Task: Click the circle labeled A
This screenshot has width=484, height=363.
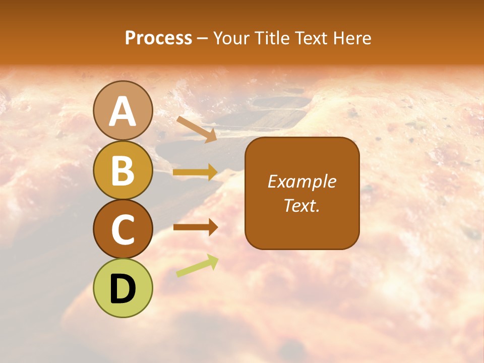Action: tap(123, 110)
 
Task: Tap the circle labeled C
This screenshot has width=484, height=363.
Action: tap(123, 229)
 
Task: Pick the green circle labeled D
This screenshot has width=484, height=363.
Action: tap(123, 288)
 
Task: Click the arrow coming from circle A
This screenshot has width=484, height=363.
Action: tap(197, 129)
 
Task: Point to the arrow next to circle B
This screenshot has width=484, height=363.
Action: tap(195, 172)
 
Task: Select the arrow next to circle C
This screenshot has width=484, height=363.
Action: tap(195, 227)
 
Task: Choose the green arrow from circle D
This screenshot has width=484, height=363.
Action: tap(197, 266)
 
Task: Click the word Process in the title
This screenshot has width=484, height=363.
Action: tap(158, 38)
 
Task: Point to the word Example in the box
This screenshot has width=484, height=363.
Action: tap(302, 181)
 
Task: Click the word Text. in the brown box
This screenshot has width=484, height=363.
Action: tap(302, 206)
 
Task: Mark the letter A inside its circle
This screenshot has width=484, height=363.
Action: tap(123, 111)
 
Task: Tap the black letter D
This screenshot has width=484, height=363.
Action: tap(123, 289)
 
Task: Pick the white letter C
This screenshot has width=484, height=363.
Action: tap(123, 229)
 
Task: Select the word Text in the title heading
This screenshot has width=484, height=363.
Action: tap(311, 38)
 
